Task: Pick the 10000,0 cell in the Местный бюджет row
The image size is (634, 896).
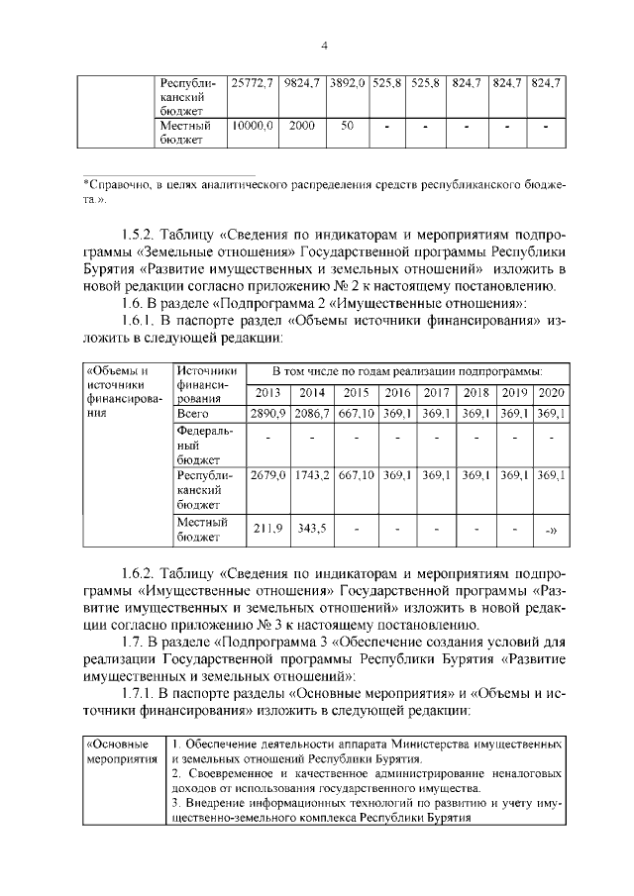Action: pyautogui.click(x=252, y=127)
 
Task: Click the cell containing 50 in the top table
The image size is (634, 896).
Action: pyautogui.click(x=348, y=127)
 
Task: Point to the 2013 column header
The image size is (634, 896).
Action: pyautogui.click(x=268, y=393)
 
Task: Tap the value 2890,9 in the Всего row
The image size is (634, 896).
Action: pyautogui.click(x=268, y=413)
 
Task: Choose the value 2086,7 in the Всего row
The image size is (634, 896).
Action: pyautogui.click(x=312, y=413)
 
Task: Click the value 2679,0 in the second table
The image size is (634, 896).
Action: pyautogui.click(x=268, y=476)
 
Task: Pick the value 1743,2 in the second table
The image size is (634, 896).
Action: pyautogui.click(x=312, y=476)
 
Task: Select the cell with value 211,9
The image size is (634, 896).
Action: pyautogui.click(x=268, y=529)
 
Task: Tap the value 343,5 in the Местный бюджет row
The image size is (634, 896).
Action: pyautogui.click(x=312, y=529)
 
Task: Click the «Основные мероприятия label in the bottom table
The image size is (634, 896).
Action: pyautogui.click(x=119, y=749)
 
